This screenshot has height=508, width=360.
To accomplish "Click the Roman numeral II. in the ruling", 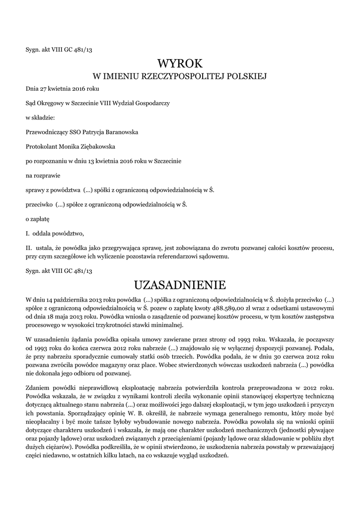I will click(29, 247).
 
